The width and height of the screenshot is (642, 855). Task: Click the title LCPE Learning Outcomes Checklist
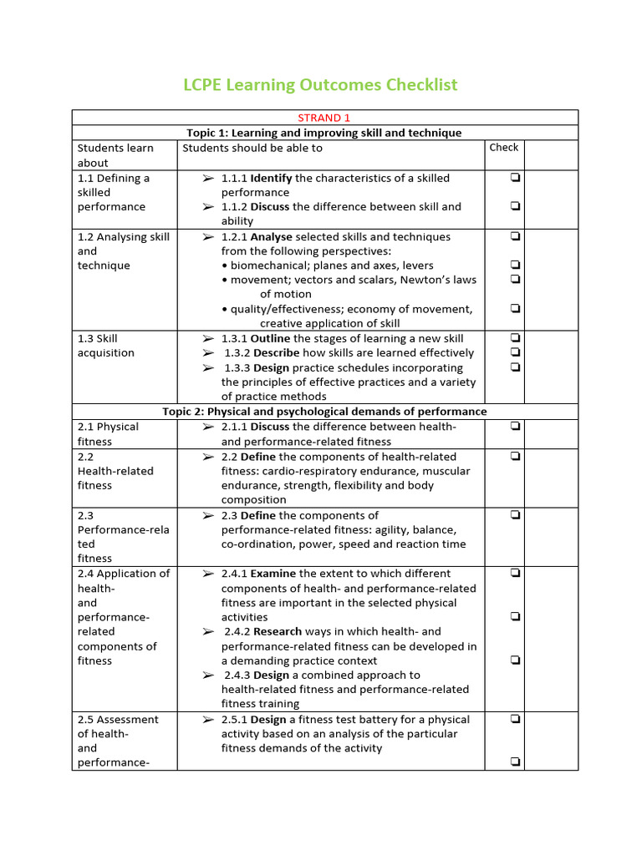pyautogui.click(x=320, y=85)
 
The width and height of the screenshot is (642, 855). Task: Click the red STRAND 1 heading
pyautogui.click(x=324, y=118)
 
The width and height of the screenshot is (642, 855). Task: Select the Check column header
pyautogui.click(x=504, y=148)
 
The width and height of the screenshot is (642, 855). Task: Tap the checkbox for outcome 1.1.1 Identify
pyautogui.click(x=516, y=178)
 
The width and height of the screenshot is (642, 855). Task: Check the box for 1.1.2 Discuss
pyautogui.click(x=516, y=206)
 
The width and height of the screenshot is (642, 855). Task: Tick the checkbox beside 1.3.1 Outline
pyautogui.click(x=516, y=338)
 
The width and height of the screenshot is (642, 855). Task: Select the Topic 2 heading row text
pyautogui.click(x=324, y=412)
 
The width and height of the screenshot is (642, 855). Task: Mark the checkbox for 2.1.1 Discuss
pyautogui.click(x=516, y=427)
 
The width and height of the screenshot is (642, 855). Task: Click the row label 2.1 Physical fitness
pyautogui.click(x=108, y=433)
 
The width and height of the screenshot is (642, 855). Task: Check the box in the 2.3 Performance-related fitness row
pyautogui.click(x=516, y=515)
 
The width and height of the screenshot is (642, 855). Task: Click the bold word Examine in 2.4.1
pyautogui.click(x=273, y=574)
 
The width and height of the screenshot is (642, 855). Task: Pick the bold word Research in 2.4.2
pyautogui.click(x=278, y=632)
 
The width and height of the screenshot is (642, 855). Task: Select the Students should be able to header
pyautogui.click(x=252, y=148)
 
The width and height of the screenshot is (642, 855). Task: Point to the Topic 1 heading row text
pyautogui.click(x=324, y=133)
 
